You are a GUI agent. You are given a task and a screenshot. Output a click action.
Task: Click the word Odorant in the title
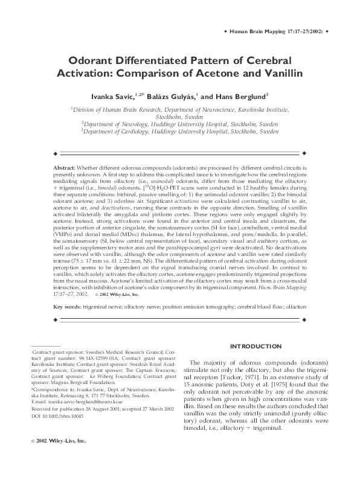click(91, 62)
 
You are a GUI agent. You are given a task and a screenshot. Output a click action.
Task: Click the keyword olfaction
click(295, 307)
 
